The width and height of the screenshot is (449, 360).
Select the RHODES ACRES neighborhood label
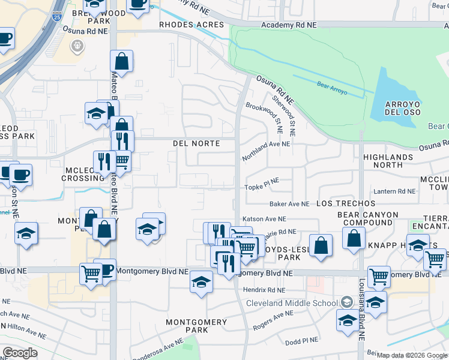[x=191, y=25]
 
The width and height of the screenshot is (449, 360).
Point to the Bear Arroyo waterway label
[x=332, y=86]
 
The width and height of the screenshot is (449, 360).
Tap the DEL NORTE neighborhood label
[x=196, y=144]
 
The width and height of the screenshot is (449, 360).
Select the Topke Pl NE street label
[x=262, y=188]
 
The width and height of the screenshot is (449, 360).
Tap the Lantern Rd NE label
[x=394, y=191]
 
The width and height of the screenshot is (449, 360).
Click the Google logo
[x=20, y=353]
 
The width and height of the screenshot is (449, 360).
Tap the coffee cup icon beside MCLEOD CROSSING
[x=20, y=175]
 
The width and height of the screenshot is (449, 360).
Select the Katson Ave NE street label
[x=264, y=220]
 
